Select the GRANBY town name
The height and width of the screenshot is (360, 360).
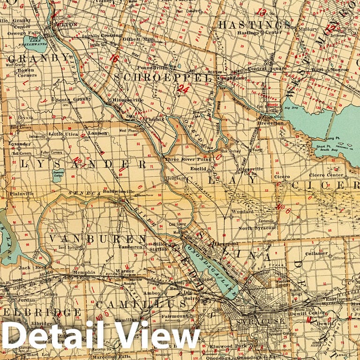(38, 58)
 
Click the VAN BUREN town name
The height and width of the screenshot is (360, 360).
(96, 239)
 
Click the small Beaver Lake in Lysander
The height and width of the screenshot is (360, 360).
(59, 175)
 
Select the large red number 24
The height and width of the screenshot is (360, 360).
(183, 88)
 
